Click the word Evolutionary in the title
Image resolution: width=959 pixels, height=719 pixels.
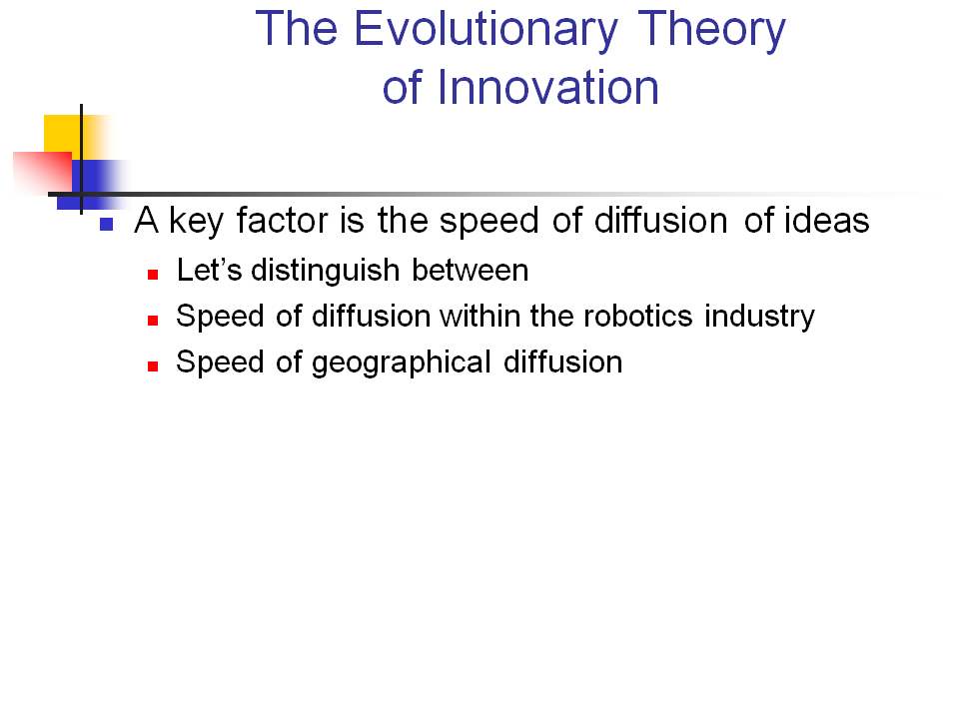pyautogui.click(x=485, y=30)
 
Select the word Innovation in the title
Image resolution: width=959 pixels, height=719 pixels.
pyautogui.click(x=547, y=88)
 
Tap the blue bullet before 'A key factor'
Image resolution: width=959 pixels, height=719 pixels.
pyautogui.click(x=108, y=224)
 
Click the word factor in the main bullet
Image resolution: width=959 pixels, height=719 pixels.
pyautogui.click(x=290, y=221)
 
